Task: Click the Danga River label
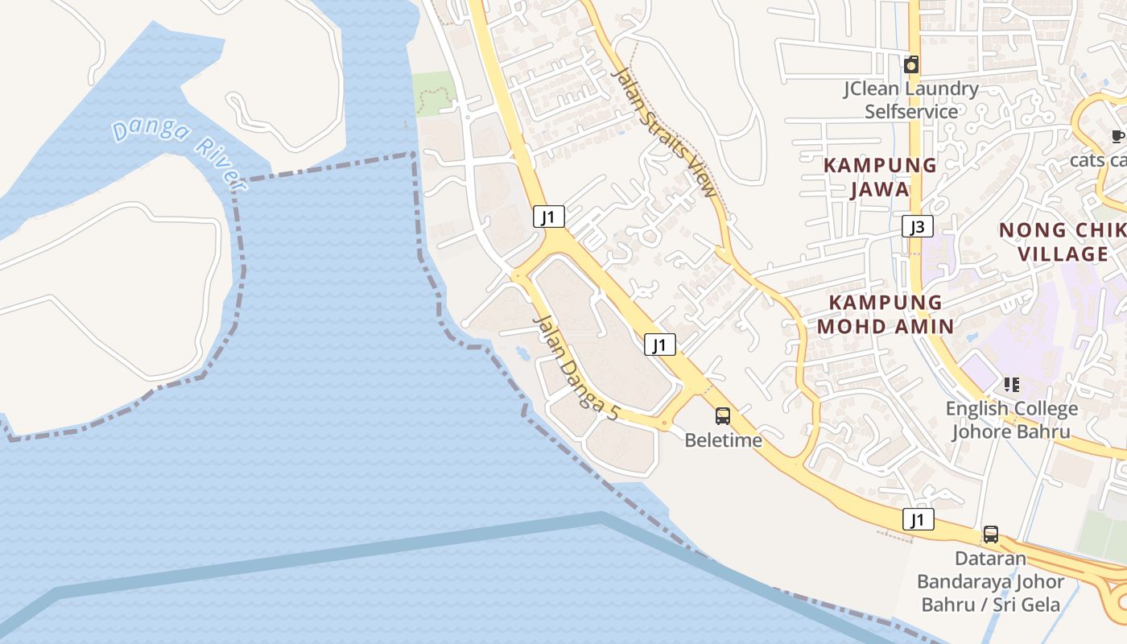pyautogui.click(x=178, y=153)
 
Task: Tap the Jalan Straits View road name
pyautogui.click(x=664, y=132)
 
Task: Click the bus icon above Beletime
pyautogui.click(x=723, y=416)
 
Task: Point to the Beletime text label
pyautogui.click(x=723, y=440)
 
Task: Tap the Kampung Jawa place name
pyautogui.click(x=880, y=177)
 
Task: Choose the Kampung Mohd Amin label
pyautogui.click(x=885, y=314)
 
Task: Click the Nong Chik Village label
pyautogui.click(x=1063, y=242)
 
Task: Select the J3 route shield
pyautogui.click(x=917, y=227)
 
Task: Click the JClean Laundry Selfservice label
pyautogui.click(x=911, y=100)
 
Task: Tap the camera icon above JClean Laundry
pyautogui.click(x=911, y=64)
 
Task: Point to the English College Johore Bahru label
pyautogui.click(x=1011, y=419)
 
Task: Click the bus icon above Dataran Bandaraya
pyautogui.click(x=991, y=535)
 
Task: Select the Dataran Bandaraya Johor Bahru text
pyautogui.click(x=991, y=580)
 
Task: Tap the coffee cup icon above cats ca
pyautogui.click(x=1118, y=136)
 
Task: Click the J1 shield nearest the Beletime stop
pyautogui.click(x=659, y=345)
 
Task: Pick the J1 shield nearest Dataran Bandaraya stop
pyautogui.click(x=918, y=519)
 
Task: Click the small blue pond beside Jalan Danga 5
pyautogui.click(x=522, y=353)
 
